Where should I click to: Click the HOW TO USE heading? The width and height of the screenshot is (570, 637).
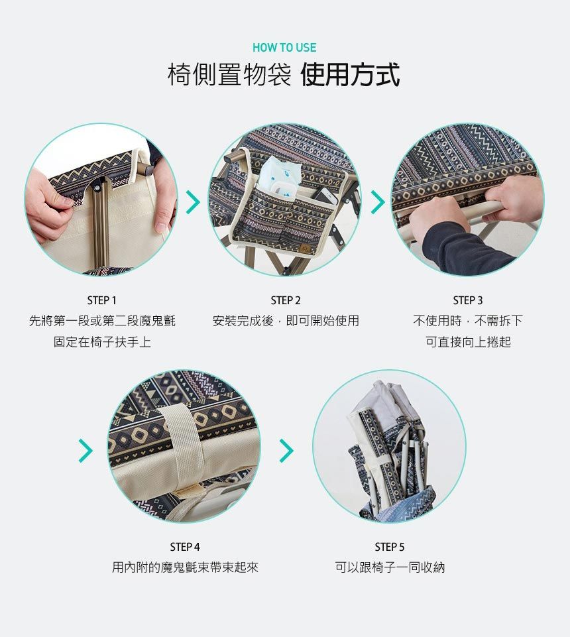[284, 48]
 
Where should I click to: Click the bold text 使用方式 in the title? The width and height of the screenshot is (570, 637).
[350, 75]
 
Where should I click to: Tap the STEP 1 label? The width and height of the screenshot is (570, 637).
[102, 300]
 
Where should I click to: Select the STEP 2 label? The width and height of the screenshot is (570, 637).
[286, 300]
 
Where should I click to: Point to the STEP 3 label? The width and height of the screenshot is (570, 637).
[468, 300]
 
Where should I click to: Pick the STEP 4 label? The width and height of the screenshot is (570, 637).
[185, 547]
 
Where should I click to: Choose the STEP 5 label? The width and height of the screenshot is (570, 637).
[390, 547]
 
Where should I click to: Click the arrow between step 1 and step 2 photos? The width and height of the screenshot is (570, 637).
[194, 202]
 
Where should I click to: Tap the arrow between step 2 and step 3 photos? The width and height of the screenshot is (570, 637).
[378, 202]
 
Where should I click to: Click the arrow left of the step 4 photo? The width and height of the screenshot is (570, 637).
[85, 451]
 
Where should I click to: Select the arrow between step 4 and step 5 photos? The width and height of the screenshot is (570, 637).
[286, 451]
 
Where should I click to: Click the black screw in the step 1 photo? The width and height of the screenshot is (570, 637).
[98, 188]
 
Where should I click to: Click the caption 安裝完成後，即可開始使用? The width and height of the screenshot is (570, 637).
[286, 321]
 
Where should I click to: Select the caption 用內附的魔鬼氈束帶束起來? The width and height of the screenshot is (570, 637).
[186, 567]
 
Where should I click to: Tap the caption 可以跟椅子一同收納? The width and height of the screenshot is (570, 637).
[390, 567]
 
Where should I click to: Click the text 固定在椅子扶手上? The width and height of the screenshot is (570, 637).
[102, 342]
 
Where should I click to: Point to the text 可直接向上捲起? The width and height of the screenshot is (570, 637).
[468, 342]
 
